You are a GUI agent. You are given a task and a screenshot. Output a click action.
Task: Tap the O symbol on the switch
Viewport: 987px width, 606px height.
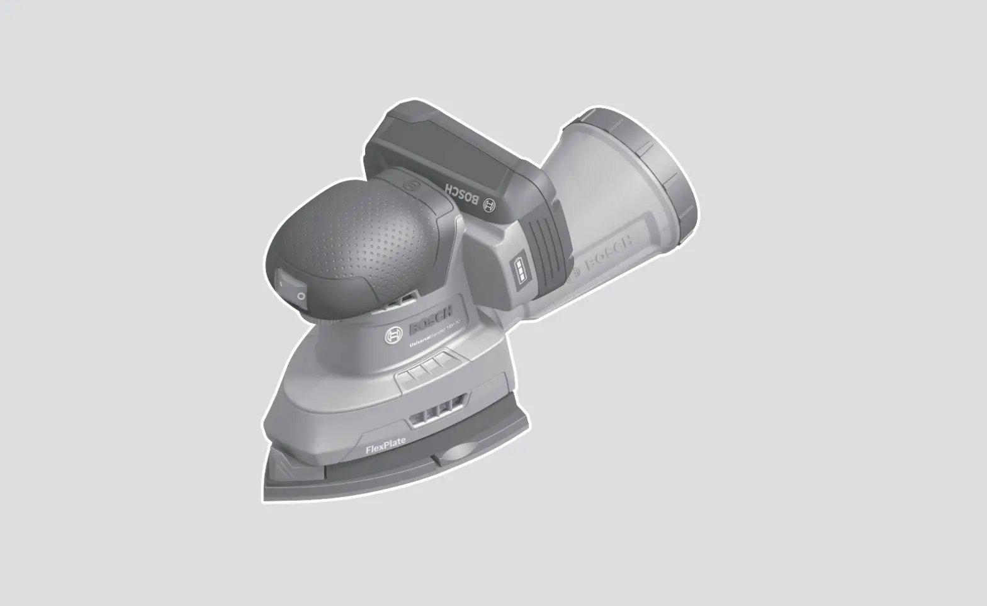tap(301, 296)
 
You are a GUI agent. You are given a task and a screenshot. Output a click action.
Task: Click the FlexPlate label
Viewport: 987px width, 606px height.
tap(386, 446)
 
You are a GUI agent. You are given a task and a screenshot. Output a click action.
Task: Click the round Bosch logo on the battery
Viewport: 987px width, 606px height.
tap(489, 205)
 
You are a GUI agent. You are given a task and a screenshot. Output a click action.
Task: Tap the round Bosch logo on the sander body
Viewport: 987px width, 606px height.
tap(394, 336)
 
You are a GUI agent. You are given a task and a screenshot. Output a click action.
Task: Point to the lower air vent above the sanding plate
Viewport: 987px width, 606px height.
tap(436, 412)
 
